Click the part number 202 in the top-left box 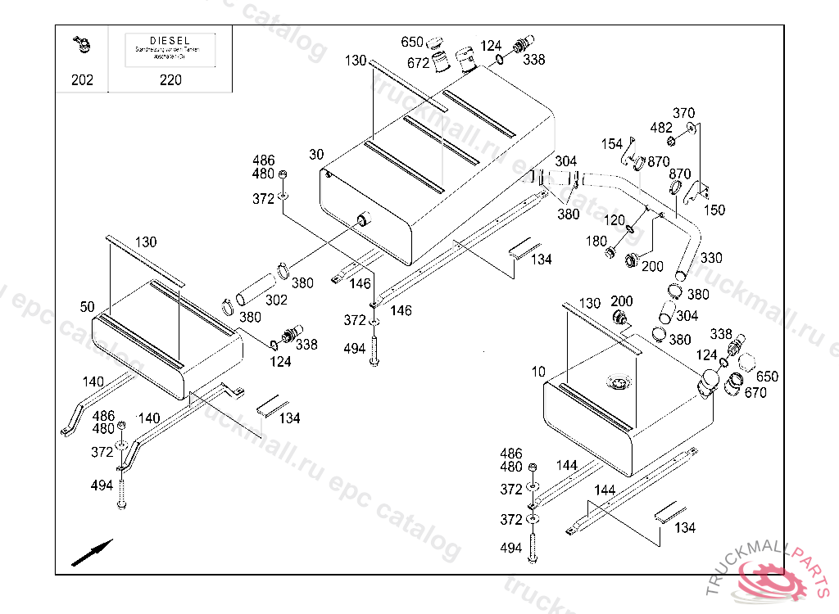pyautogui.click(x=82, y=79)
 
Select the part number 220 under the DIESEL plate pyautogui.click(x=170, y=79)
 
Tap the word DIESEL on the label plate pyautogui.click(x=170, y=40)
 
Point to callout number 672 pyautogui.click(x=418, y=63)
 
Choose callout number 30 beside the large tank pyautogui.click(x=317, y=155)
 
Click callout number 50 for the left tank pyautogui.click(x=88, y=307)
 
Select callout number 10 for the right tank pyautogui.click(x=537, y=372)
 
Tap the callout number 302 pyautogui.click(x=276, y=300)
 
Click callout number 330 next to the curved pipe pyautogui.click(x=710, y=258)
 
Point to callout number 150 pyautogui.click(x=714, y=210)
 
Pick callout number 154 pyautogui.click(x=612, y=144)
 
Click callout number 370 pyautogui.click(x=683, y=113)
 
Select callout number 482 pyautogui.click(x=661, y=128)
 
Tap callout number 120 pyautogui.click(x=615, y=221)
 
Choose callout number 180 pyautogui.click(x=596, y=242)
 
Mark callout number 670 pyautogui.click(x=755, y=392)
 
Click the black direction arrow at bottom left pyautogui.click(x=92, y=553)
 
